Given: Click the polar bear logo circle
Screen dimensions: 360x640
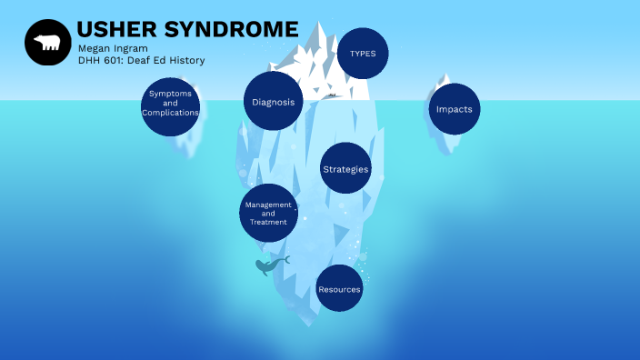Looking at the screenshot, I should (47, 43).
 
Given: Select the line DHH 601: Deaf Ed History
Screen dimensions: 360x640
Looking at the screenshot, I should (141, 61).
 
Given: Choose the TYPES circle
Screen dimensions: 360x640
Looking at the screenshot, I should (363, 54).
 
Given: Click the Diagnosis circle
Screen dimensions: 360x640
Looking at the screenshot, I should (273, 102).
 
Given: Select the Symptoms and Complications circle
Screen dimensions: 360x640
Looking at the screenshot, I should (170, 106).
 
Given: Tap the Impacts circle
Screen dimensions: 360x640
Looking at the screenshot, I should (454, 109).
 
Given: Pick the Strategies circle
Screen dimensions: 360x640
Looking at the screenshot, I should (346, 168).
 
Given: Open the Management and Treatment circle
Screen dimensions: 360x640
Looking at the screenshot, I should (268, 213).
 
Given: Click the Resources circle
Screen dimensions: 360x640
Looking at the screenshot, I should (339, 289).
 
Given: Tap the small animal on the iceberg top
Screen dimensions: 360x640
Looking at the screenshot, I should (333, 95).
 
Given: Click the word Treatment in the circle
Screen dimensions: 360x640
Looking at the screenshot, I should (268, 222).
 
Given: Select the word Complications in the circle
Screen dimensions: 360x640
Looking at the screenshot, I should (170, 113).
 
